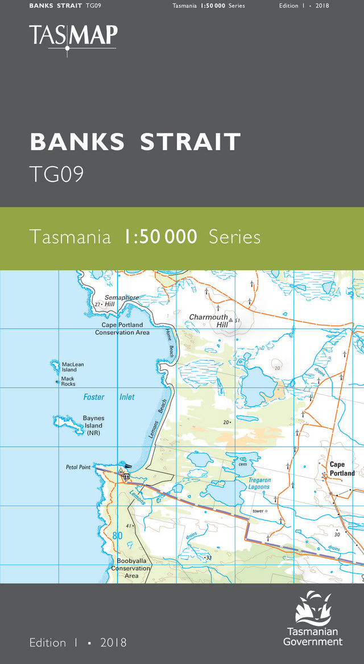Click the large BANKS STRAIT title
pyautogui.click(x=135, y=142)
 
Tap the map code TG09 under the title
pyautogui.click(x=57, y=175)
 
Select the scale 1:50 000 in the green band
pyautogui.click(x=160, y=236)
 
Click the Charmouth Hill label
pyautogui.click(x=208, y=320)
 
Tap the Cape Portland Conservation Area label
pyautogui.click(x=122, y=329)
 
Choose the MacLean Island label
pyautogui.click(x=73, y=367)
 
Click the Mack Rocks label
pyautogui.click(x=68, y=381)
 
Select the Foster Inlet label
pyautogui.click(x=109, y=397)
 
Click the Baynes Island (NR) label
pyautogui.click(x=93, y=425)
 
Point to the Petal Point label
pyautogui.click(x=78, y=467)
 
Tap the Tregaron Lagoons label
pyautogui.click(x=259, y=484)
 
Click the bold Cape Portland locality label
pyautogui.click(x=342, y=469)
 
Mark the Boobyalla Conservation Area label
pyautogui.click(x=131, y=568)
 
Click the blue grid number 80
pyautogui.click(x=117, y=535)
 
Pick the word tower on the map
pyautogui.click(x=258, y=511)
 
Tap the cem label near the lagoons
pyautogui.click(x=243, y=464)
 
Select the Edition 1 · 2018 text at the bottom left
pyautogui.click(x=78, y=642)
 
